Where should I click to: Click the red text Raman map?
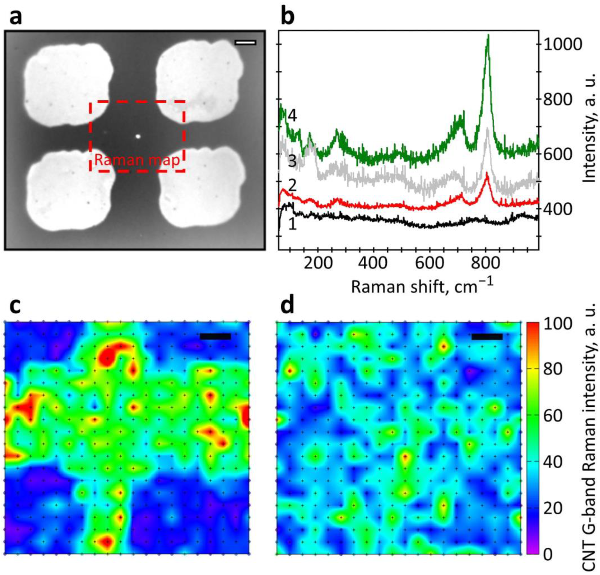[x=137, y=160]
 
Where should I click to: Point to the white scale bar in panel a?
[x=245, y=43]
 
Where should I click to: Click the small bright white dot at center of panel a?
[x=138, y=137]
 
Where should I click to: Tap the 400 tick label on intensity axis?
[x=558, y=209]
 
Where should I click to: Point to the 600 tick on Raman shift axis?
[x=429, y=263]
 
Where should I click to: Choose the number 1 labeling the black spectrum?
[x=292, y=225]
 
